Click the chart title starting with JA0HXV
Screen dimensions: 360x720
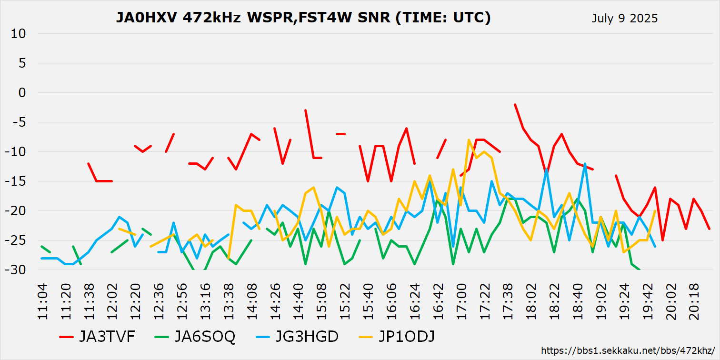pyautogui.click(x=303, y=18)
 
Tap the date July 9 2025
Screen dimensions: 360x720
pyautogui.click(x=624, y=19)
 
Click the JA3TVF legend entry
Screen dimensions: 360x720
pyautogui.click(x=97, y=337)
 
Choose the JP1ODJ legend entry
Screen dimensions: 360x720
pyautogui.click(x=397, y=337)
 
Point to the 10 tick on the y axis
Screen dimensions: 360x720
pyautogui.click(x=20, y=34)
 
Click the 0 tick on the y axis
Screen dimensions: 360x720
pyautogui.click(x=22, y=93)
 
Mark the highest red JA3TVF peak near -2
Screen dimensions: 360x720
pyautogui.click(x=515, y=105)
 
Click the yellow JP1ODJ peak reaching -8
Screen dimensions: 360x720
pyautogui.click(x=469, y=140)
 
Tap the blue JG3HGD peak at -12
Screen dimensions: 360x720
pyautogui.click(x=585, y=164)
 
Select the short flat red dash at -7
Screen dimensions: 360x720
pyautogui.click(x=340, y=134)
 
